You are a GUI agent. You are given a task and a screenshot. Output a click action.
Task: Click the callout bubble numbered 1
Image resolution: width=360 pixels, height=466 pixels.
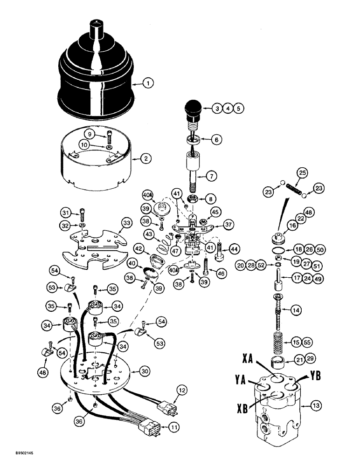pos(148,84)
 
